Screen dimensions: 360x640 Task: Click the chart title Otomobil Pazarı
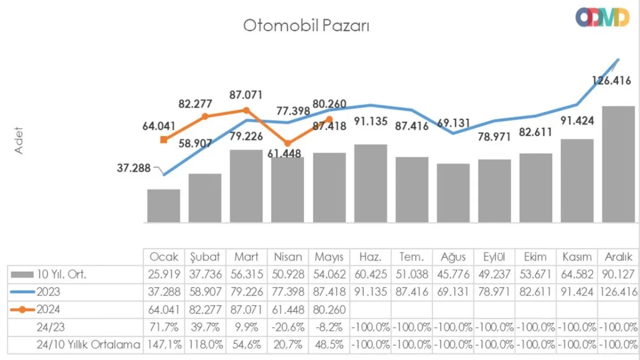click(x=306, y=26)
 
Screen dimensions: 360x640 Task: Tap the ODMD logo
click(x=602, y=17)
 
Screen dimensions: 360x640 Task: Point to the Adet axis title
click(x=20, y=141)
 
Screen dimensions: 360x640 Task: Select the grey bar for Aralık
click(x=618, y=164)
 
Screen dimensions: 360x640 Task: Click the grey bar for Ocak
click(x=164, y=206)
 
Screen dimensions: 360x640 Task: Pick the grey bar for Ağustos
click(x=453, y=193)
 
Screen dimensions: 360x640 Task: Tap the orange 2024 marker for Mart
click(x=246, y=110)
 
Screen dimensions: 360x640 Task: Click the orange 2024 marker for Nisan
click(x=287, y=143)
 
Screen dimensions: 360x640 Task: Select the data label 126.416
click(x=611, y=81)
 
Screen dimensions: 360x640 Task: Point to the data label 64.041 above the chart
click(x=159, y=126)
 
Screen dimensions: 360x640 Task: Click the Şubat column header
click(x=205, y=257)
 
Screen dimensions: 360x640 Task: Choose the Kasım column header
click(x=577, y=257)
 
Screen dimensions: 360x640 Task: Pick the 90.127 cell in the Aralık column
click(x=618, y=275)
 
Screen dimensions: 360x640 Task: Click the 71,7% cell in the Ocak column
click(x=164, y=327)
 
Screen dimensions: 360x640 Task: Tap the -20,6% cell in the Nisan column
click(x=288, y=327)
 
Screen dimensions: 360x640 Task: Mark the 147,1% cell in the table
click(x=164, y=345)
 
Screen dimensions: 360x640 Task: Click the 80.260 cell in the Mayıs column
click(x=329, y=309)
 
